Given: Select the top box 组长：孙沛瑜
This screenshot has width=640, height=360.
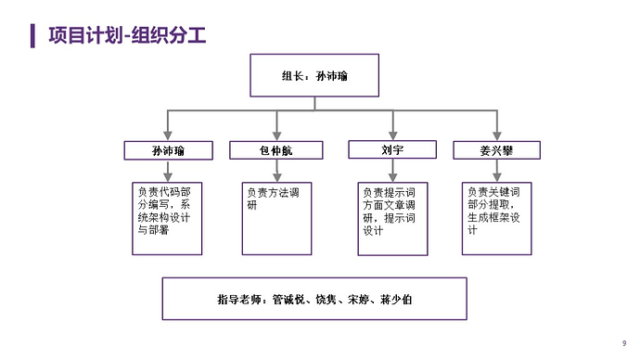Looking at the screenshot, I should pos(314,75).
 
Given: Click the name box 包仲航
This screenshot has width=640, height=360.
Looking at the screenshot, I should pos(276,150).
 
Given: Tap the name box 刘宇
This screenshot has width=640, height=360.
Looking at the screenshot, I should pos(393,149).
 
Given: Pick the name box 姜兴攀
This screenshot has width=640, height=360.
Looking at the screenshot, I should pos(497,150).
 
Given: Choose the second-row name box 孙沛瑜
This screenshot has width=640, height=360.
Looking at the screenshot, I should pos(167,150).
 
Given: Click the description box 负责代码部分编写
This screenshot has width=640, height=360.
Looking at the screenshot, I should pos(167,217).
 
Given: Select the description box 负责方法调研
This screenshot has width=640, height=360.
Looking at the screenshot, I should pos(276,217).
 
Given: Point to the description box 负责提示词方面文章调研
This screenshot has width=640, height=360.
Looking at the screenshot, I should pos(393,217).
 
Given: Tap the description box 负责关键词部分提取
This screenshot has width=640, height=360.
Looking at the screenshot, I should pos(497,217).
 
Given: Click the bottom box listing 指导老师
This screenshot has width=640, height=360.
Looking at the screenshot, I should pos(314,299).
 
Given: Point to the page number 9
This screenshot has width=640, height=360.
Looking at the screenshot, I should pos(623,342).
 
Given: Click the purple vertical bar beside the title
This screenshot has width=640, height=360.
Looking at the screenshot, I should pos(32,35).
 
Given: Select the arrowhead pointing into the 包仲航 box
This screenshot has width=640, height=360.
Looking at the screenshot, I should pos(276,135).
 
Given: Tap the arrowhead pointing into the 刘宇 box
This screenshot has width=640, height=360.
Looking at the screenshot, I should pos(393,135).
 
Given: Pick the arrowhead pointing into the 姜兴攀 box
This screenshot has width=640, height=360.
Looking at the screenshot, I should pos(497,135).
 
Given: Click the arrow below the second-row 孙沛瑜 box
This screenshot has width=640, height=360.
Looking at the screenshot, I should pos(167,171).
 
